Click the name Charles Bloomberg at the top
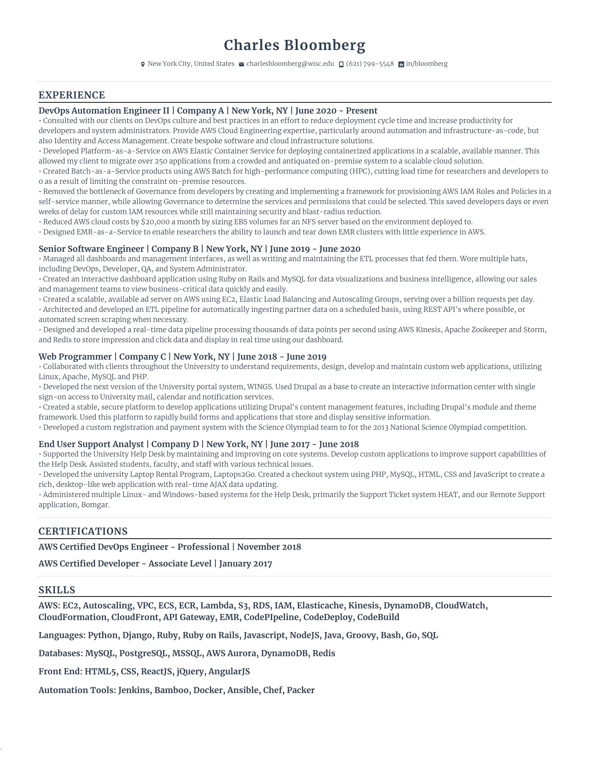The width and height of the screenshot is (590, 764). pos(294,45)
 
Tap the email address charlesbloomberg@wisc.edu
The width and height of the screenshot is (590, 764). pos(290,64)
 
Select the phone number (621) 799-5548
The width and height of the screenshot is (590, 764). pos(370,64)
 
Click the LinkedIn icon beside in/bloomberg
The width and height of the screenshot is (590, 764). pos(401,64)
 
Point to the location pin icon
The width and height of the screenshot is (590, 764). pos(143,64)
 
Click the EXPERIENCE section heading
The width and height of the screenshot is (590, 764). pos(71,95)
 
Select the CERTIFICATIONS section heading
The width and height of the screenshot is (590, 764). pos(83,531)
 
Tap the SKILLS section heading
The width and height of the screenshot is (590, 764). pos(57,590)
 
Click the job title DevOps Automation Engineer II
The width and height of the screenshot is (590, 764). pos(104,111)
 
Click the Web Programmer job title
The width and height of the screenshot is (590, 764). pos(75,357)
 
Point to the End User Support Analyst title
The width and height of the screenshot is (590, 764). pos(91,444)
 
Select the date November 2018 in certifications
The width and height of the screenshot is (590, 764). pos(269,547)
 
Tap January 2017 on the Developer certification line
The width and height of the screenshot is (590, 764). pos(245,564)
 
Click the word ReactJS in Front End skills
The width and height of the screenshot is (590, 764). pos(156,672)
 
